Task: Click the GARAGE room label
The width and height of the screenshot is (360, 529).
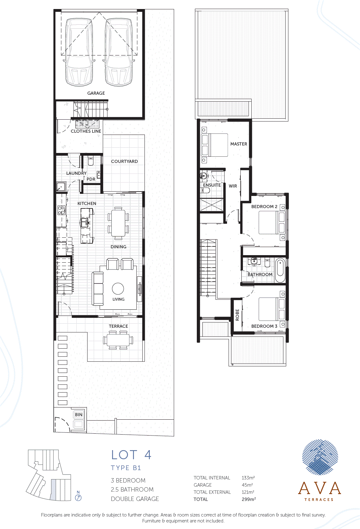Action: pyautogui.click(x=96, y=93)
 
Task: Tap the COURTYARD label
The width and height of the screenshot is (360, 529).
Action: pyautogui.click(x=124, y=161)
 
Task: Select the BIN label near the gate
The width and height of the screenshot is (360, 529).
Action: pyautogui.click(x=78, y=414)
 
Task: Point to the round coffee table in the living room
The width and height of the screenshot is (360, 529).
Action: pyautogui.click(x=118, y=288)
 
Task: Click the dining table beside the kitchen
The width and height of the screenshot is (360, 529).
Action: pyautogui.click(x=118, y=223)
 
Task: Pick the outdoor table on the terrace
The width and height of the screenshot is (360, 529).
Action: pyautogui.click(x=118, y=340)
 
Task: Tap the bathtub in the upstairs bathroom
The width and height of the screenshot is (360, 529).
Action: pyautogui.click(x=280, y=270)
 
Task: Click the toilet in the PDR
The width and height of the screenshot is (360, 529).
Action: pyautogui.click(x=91, y=161)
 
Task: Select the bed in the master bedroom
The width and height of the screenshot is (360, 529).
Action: pyautogui.click(x=214, y=145)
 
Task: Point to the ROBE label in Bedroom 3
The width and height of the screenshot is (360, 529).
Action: pyautogui.click(x=238, y=315)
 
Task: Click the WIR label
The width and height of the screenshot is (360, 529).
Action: pyautogui.click(x=233, y=186)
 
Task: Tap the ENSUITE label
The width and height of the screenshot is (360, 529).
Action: pyautogui.click(x=212, y=185)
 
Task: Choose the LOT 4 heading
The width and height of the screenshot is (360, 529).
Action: pyautogui.click(x=131, y=455)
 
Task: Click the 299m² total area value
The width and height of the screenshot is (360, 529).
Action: pyautogui.click(x=249, y=499)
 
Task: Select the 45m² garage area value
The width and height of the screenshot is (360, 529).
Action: pyautogui.click(x=247, y=485)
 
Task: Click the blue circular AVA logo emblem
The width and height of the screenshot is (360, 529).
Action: pyautogui.click(x=320, y=457)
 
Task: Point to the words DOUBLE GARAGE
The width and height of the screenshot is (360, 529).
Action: pyautogui.click(x=135, y=499)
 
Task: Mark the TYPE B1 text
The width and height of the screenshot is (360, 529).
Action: pyautogui.click(x=126, y=468)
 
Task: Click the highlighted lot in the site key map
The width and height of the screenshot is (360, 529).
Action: pyautogui.click(x=53, y=489)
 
